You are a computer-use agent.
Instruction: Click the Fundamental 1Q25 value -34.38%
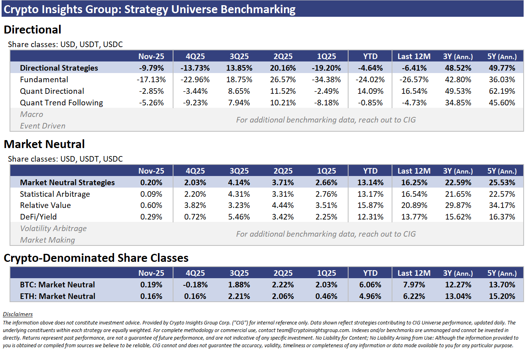[327, 79]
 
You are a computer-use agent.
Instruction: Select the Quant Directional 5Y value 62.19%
[502, 91]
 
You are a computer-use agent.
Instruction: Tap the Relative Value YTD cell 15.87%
[370, 205]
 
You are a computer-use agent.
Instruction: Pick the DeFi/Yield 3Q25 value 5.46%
[239, 217]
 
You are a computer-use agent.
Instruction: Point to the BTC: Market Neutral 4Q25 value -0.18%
[195, 285]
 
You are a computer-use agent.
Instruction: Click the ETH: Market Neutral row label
[57, 296]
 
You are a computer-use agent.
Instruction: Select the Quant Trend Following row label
[61, 103]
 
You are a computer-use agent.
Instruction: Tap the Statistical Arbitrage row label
[55, 194]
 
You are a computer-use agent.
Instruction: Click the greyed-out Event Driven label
[43, 126]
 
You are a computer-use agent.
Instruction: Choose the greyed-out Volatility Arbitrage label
[53, 228]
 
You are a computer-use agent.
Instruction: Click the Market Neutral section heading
[44, 144]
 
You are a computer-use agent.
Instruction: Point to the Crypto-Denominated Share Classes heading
[96, 258]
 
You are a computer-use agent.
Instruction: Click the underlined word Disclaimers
[18, 314]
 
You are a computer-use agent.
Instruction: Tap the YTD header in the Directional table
[370, 56]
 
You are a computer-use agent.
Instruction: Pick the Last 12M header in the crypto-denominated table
[414, 273]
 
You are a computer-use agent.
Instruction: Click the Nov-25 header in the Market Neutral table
[151, 171]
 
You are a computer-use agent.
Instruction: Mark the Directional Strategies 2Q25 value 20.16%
[283, 68]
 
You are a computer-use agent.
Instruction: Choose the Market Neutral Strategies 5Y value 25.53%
[502, 182]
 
